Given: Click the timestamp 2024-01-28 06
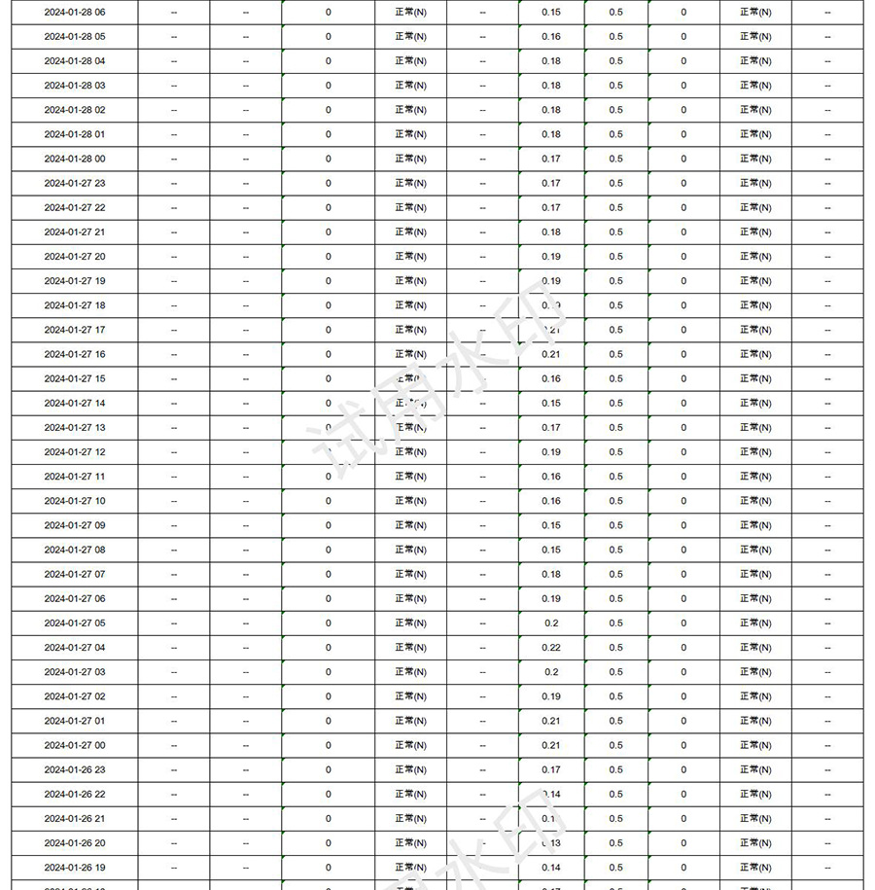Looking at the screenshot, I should pos(75,12).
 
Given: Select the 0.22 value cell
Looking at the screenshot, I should pos(551,648).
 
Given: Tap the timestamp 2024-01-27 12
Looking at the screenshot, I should pos(75,452).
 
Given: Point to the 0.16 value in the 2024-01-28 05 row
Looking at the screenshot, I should pos(551,37).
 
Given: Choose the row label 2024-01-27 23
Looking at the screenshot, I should pos(75,183).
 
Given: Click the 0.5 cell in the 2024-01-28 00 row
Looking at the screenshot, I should pos(616,159).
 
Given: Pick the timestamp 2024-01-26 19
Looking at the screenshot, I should pos(75,868).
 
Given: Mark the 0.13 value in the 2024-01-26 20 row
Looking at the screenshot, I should pos(551,843).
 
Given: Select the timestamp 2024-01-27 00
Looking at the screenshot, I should pos(75,745).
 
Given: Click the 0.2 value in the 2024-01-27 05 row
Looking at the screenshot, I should pos(551,623).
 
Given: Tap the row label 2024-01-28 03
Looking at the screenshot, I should pos(75,86).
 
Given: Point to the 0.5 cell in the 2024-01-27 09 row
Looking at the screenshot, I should pos(616,525).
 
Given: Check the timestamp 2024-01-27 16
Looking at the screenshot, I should pos(75,354).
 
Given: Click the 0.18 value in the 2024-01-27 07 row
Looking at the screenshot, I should pos(551,574).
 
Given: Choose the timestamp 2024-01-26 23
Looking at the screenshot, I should pos(75,769).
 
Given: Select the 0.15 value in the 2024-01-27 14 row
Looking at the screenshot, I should pos(551,404).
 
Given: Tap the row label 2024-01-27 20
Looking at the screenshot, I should pos(75,257).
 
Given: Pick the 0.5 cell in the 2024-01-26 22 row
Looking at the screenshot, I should pos(616,794).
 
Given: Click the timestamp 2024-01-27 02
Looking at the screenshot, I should pos(75,696).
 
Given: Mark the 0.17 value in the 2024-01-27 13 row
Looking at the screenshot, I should pos(551,428).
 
